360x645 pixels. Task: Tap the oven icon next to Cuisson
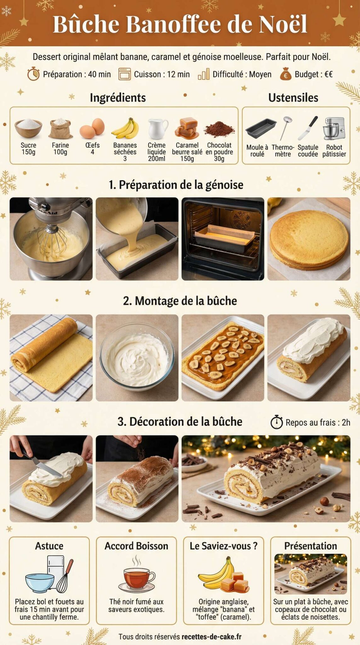(x=124, y=74)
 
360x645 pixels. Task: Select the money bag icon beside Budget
(x=285, y=74)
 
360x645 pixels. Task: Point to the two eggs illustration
(x=92, y=128)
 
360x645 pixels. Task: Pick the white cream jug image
(x=157, y=128)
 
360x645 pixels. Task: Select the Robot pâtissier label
(x=334, y=151)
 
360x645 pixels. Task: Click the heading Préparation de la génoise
(x=176, y=185)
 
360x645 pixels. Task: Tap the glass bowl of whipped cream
(x=137, y=357)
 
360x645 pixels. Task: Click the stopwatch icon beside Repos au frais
(x=277, y=422)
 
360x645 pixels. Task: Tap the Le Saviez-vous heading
(x=223, y=546)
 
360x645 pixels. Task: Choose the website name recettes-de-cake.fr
(x=211, y=637)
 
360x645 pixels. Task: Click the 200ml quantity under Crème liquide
(x=157, y=158)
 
